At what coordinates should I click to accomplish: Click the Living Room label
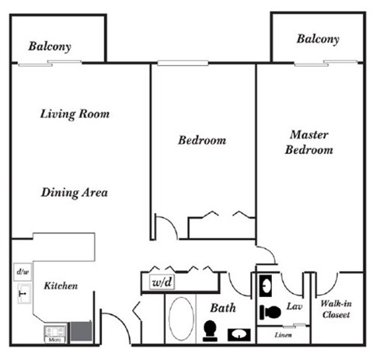(x=75, y=114)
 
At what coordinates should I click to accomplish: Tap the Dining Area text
(x=75, y=193)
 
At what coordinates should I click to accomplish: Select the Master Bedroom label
(x=309, y=142)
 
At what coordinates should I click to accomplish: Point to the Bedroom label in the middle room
(x=202, y=141)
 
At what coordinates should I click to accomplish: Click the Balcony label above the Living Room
(x=50, y=47)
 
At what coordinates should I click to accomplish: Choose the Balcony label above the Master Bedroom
(x=318, y=39)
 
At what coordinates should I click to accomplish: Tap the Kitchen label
(x=61, y=286)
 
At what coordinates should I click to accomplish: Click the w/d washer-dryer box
(x=162, y=281)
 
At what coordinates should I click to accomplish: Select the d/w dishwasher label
(x=22, y=273)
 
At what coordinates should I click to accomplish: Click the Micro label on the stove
(x=54, y=340)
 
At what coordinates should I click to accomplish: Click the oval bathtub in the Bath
(x=183, y=320)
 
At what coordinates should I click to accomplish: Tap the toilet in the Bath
(x=210, y=330)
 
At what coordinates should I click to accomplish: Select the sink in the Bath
(x=237, y=334)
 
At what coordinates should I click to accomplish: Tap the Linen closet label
(x=284, y=335)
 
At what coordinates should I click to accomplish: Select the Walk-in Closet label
(x=336, y=309)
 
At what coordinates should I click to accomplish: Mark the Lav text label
(x=295, y=307)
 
